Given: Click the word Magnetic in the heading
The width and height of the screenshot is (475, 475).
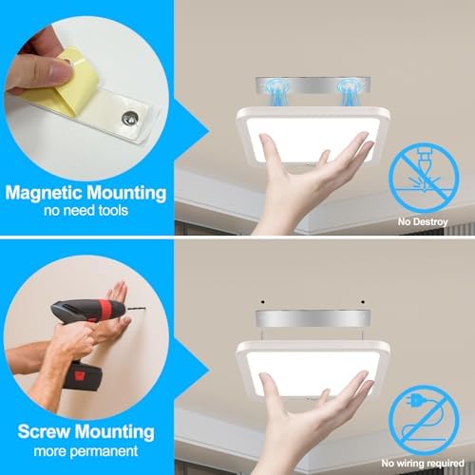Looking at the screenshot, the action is point(44,193).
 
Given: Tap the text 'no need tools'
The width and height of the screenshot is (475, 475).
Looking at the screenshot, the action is point(85,211).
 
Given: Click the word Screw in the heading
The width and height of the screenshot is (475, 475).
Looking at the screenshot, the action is point(43,431).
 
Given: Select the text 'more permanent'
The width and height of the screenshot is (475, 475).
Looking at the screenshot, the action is point(85,451).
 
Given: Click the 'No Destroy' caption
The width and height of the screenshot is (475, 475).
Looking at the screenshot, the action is point(423,221).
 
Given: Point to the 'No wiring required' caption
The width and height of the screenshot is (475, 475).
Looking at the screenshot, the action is point(423,464).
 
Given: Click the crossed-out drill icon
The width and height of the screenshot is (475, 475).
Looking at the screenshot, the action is point(424,178).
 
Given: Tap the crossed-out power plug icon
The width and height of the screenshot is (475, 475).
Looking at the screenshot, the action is point(424,420).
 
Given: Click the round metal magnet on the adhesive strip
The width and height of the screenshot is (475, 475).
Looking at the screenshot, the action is point(130,118).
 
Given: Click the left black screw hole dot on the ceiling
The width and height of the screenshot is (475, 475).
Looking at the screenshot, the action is point(263,302).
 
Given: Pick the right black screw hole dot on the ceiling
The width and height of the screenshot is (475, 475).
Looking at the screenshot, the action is point(363,302).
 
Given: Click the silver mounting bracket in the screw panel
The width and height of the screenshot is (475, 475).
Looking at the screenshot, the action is point(313,318).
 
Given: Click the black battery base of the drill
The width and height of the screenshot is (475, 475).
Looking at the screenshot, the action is point(84,377).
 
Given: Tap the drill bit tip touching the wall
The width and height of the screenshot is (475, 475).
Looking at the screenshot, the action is point(144,308).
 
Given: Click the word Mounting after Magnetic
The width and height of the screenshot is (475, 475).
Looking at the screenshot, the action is point(126,193).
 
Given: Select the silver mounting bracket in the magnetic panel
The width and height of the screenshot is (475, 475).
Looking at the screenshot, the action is point(313,85).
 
